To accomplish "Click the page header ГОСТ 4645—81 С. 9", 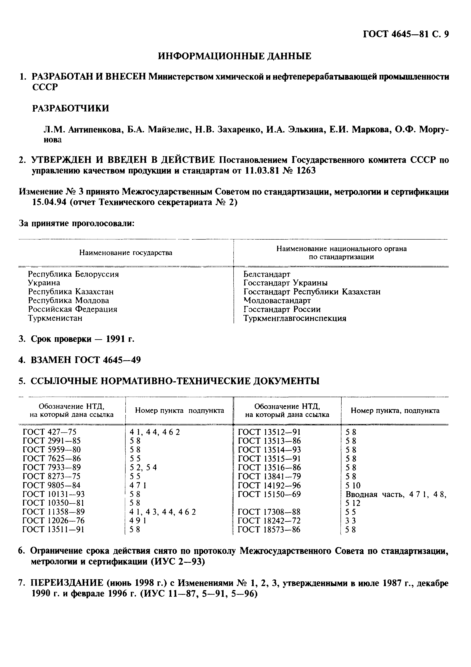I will click(406, 35).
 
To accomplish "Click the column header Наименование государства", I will click(126, 253).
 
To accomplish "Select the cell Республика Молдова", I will click(68, 300).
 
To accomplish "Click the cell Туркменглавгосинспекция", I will click(295, 318).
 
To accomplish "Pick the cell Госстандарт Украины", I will click(285, 283).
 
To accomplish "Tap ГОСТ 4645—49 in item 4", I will click(108, 360).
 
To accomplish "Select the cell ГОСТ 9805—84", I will click(51, 486).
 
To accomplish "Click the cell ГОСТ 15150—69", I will click(269, 494).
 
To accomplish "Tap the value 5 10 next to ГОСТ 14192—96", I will click(353, 486).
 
